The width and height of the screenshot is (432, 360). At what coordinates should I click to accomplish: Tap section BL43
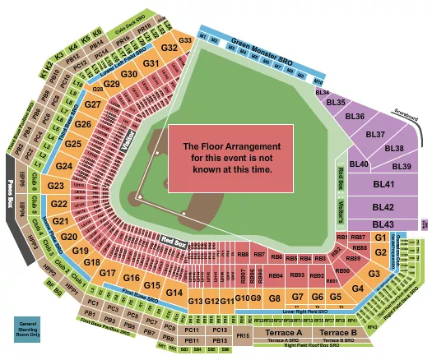[x=382, y=224]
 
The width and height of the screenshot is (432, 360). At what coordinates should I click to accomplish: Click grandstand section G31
[x=151, y=63]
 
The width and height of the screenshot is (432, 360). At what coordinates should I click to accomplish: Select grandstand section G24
[x=64, y=167]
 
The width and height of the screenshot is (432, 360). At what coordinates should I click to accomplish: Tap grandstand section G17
[x=108, y=273]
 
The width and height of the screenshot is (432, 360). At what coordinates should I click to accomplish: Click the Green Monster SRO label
[x=262, y=42]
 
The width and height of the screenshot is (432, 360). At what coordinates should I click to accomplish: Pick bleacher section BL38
[x=394, y=149]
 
